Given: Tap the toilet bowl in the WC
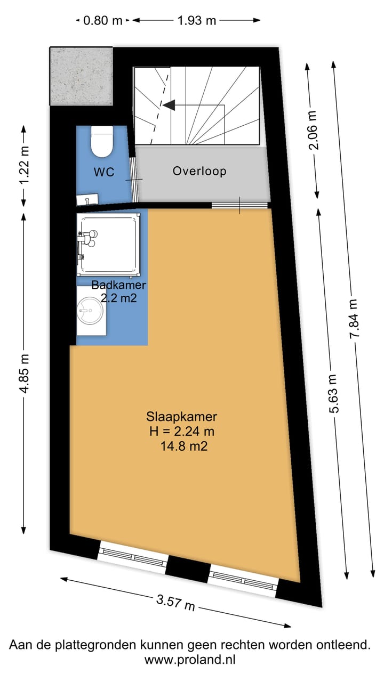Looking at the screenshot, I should (101, 141).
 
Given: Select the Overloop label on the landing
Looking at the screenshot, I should (199, 171).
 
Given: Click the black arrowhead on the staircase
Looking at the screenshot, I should (169, 105).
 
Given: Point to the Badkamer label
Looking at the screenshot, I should (118, 285).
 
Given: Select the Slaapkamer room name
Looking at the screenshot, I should (181, 417).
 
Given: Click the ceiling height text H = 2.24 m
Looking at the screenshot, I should (181, 432).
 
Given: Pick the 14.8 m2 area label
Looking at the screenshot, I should (184, 447).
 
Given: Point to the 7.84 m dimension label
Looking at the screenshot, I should (354, 324).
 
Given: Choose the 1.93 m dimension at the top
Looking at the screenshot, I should (196, 21).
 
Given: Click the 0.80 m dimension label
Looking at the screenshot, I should (103, 21).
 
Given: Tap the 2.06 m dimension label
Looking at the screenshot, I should (313, 131).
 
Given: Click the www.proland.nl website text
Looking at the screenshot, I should (190, 660).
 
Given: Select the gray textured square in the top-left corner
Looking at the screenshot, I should (82, 76).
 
